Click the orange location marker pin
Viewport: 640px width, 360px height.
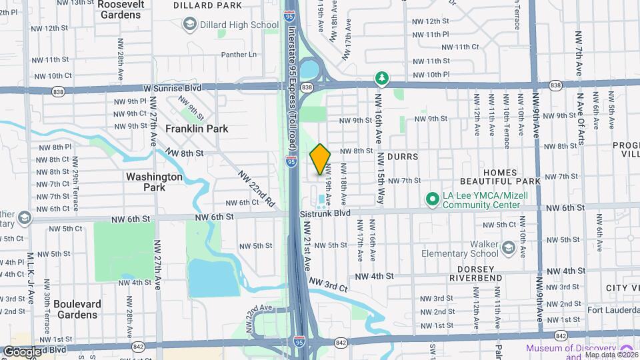[x=320, y=159]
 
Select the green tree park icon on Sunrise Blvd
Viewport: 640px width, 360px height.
[x=381, y=79]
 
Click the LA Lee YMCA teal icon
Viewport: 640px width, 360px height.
[x=431, y=199]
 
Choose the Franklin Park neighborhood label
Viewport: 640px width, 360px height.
[x=197, y=129]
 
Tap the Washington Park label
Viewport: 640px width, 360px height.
[x=154, y=182]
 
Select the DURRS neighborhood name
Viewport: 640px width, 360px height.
[x=402, y=157]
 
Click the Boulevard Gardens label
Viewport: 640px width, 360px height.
[x=77, y=309]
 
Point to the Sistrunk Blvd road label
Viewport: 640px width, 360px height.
[x=325, y=213]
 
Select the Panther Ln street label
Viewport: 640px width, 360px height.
[x=238, y=54]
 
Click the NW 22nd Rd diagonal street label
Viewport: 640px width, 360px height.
[x=257, y=186]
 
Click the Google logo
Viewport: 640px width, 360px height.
[x=23, y=351]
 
